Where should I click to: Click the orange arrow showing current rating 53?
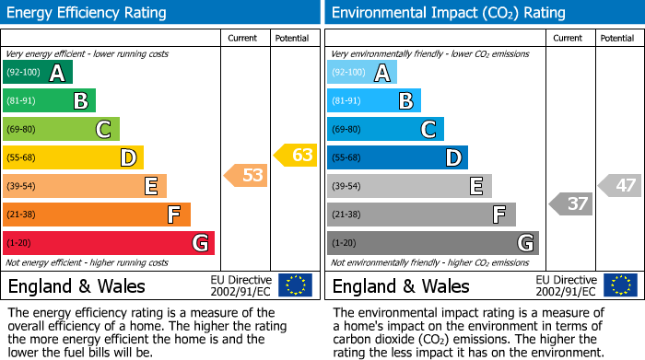pyautogui.click(x=247, y=175)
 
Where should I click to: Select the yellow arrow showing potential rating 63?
pyautogui.click(x=296, y=155)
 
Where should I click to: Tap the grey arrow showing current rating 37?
pyautogui.click(x=571, y=203)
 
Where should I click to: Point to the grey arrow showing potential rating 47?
pyautogui.click(x=620, y=185)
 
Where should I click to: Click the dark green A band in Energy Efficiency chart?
pyautogui.click(x=37, y=73)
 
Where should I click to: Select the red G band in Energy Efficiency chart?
pyautogui.click(x=108, y=243)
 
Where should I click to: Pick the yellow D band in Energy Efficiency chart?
pyautogui.click(x=73, y=158)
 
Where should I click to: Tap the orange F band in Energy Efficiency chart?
pyautogui.click(x=97, y=215)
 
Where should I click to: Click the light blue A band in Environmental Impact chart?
pyautogui.click(x=362, y=73)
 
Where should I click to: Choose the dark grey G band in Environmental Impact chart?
pyautogui.click(x=432, y=243)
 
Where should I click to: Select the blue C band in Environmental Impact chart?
pyautogui.click(x=385, y=129)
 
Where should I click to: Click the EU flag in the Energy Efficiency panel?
pyautogui.click(x=295, y=285)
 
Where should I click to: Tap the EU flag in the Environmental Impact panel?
pyautogui.click(x=619, y=285)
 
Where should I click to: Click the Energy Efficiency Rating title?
pyautogui.click(x=88, y=13)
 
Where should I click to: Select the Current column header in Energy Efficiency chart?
pyautogui.click(x=243, y=38)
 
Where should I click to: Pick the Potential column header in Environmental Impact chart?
pyautogui.click(x=616, y=38)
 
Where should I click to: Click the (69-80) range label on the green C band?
pyautogui.click(x=23, y=130)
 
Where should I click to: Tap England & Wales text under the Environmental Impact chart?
pyautogui.click(x=401, y=285)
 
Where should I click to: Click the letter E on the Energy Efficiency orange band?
pyautogui.click(x=150, y=187)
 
